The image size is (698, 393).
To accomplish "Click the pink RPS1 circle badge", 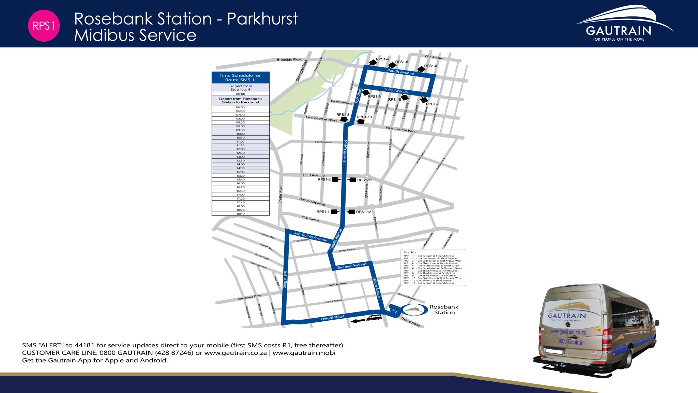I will click(x=44, y=26).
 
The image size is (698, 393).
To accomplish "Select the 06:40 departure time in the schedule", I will click(x=240, y=111).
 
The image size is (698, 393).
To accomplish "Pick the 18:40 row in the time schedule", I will click(x=240, y=214).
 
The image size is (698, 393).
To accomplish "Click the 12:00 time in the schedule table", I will click(x=240, y=149).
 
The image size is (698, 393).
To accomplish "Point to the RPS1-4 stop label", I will click(x=382, y=59).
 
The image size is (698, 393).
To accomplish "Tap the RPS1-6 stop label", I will click(x=430, y=66).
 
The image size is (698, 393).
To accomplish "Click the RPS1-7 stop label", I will click(x=432, y=104).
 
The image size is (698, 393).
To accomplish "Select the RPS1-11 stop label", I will click(x=364, y=180).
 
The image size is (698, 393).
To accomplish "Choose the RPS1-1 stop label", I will click(x=323, y=212).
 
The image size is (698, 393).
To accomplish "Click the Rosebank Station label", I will click(x=444, y=310).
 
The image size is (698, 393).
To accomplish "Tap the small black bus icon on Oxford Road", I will click(x=374, y=318).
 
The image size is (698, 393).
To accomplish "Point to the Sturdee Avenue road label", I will click(x=351, y=266).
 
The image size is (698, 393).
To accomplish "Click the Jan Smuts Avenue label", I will click(x=310, y=236).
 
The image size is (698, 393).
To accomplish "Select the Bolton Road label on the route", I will click(x=285, y=280).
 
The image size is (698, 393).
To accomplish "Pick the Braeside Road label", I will click(x=289, y=60).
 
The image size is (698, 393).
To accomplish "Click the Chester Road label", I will click(x=280, y=194).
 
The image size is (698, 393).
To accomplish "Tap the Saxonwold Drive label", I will click(x=249, y=297).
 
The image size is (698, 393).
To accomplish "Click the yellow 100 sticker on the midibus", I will click(x=597, y=330).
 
